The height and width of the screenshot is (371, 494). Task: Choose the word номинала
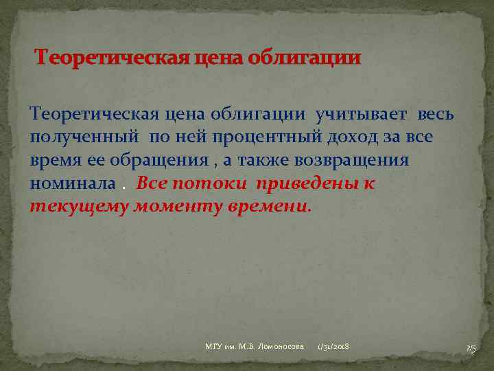pos(73,184)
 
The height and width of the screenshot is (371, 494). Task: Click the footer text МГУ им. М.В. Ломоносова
pos(255,348)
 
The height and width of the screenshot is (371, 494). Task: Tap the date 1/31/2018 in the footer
pos(333,348)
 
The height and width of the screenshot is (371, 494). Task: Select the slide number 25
pos(471,348)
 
